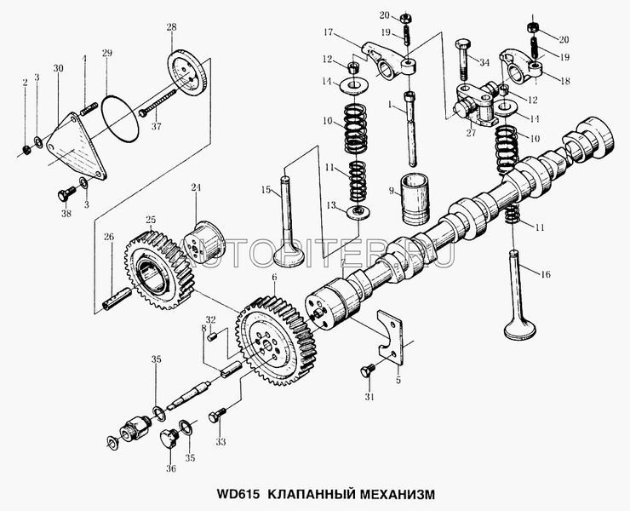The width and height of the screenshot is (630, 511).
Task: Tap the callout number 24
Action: (x=196, y=187)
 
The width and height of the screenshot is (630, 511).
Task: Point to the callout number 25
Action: (x=151, y=219)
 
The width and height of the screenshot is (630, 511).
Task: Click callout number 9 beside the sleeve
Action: (x=391, y=191)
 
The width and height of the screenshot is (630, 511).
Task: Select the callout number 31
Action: (x=369, y=398)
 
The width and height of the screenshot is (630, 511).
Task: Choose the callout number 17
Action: (x=325, y=34)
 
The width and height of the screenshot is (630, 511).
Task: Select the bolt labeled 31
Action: (x=369, y=370)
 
